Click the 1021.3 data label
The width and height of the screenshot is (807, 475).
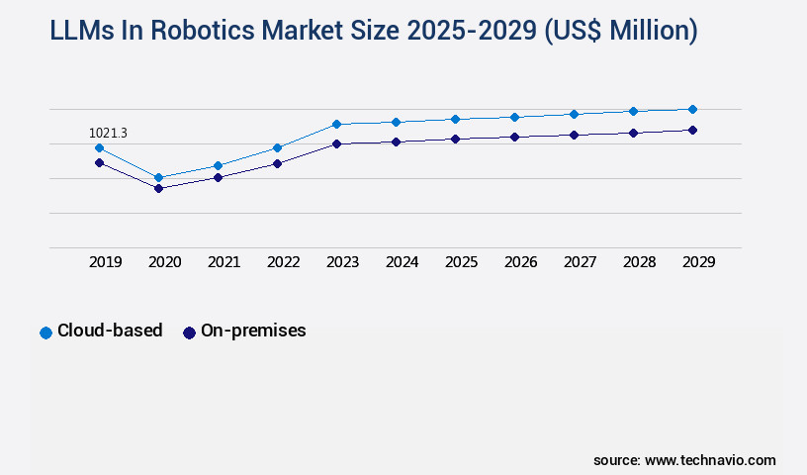coord(108,133)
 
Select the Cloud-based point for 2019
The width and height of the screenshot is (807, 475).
coord(99,147)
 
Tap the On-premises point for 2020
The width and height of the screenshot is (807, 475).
coord(158,188)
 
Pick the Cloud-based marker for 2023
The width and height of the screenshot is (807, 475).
coord(336,124)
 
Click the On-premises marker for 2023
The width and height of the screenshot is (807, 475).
coord(336,143)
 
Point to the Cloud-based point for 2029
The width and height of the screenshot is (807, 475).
coord(692,109)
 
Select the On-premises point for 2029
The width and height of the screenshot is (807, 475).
coord(692,130)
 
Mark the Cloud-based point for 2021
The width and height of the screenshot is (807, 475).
coord(218,165)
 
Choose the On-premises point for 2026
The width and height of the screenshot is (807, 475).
coord(514,137)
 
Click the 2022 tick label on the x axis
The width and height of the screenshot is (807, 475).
coord(283,262)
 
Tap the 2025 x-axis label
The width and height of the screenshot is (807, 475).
coord(461,262)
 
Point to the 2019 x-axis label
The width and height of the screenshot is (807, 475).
coord(105,262)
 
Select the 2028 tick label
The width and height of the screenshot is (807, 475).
coord(639,262)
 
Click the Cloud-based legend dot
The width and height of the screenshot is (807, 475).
coord(45,332)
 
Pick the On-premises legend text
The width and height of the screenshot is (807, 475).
coord(253,332)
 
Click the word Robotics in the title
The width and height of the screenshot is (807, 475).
coord(172,31)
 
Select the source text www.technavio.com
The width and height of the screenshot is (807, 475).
coord(710,460)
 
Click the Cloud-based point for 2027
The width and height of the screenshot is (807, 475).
coord(574,114)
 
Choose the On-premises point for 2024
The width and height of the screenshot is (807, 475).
coord(396,142)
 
